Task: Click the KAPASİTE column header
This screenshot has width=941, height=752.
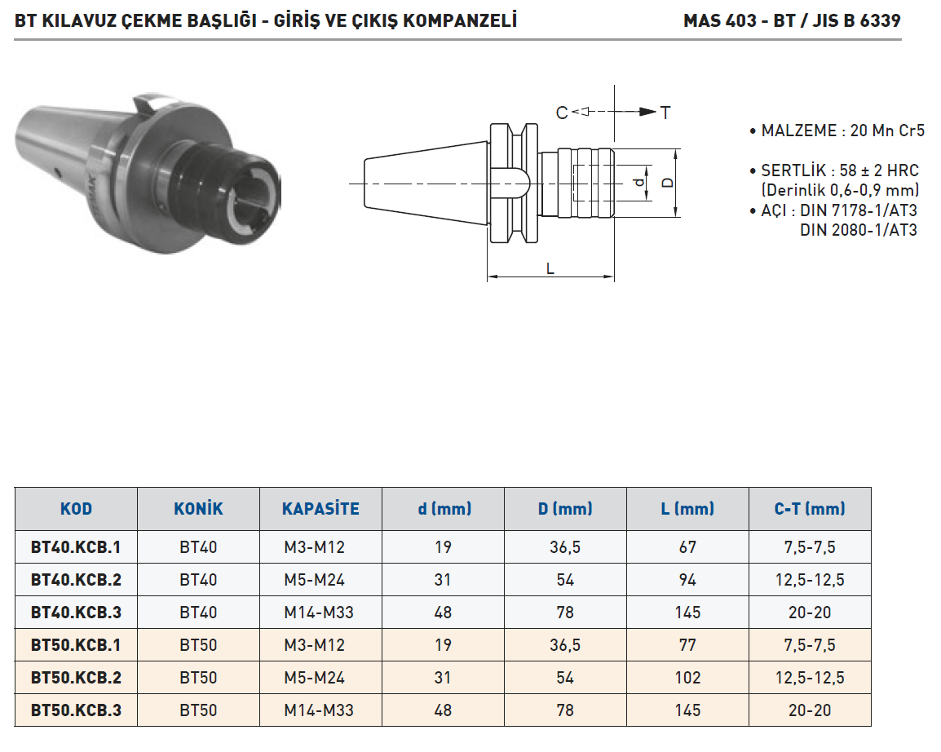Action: pos(320,509)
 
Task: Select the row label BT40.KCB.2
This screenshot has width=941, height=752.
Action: pos(76,580)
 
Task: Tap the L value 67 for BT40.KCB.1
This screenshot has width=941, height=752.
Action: pos(687,547)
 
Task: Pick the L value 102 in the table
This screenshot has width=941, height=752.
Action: pos(687,678)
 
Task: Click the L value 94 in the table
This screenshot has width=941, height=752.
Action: pos(687,580)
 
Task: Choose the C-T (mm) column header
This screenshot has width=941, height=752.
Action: pos(810,509)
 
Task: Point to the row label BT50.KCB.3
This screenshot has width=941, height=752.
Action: pos(76,710)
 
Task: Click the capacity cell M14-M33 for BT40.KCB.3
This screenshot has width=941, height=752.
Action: pos(319,613)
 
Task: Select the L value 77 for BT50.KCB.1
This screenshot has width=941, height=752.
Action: pos(687,645)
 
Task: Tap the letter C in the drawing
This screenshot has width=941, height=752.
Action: pos(562,113)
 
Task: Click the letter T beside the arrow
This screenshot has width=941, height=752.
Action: pos(665,113)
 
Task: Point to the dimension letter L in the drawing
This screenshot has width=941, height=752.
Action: pos(550,268)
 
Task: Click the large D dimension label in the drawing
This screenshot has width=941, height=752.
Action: pos(668,183)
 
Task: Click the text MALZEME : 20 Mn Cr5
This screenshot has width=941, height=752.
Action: pos(842,130)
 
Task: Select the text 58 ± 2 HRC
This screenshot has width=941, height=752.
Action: pos(879,170)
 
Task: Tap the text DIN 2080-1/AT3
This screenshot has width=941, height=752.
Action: pos(858,230)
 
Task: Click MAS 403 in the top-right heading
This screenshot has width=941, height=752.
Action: pos(720,21)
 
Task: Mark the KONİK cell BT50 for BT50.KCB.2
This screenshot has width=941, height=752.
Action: pos(198,678)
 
